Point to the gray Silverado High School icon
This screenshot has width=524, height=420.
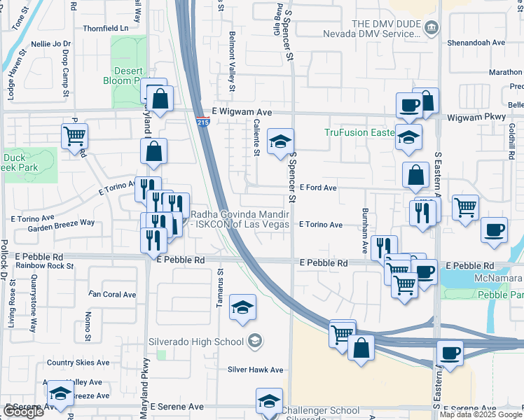coord(256,341)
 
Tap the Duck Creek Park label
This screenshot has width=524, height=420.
coord(15,162)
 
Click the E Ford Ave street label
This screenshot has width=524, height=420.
coord(318,188)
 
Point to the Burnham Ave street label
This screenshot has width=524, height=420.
coord(364,230)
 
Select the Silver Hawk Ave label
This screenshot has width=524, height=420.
coord(255,370)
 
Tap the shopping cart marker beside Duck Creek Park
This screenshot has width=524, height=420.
coord(74,135)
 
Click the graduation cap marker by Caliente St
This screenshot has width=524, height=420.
coord(280,141)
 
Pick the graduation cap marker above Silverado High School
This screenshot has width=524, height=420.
coord(242,307)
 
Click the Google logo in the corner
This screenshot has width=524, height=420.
coord(23,412)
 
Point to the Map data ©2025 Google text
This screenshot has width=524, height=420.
coord(480,414)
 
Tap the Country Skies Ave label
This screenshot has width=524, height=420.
coord(78,363)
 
